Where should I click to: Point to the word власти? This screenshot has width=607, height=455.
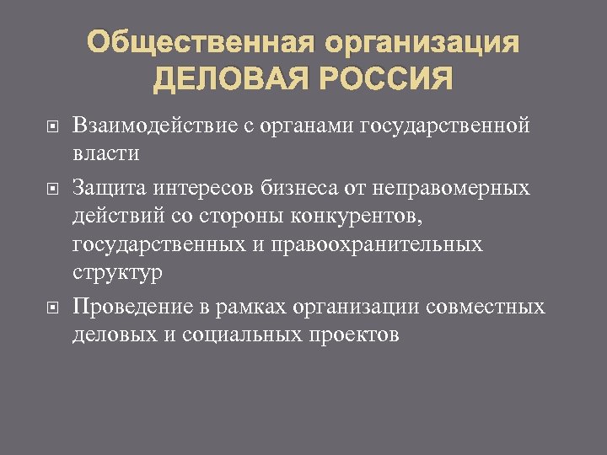[107, 155]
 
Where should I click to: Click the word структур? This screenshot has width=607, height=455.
[117, 273]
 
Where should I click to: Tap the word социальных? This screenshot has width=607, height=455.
[239, 334]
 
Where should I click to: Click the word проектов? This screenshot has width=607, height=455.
[352, 334]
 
